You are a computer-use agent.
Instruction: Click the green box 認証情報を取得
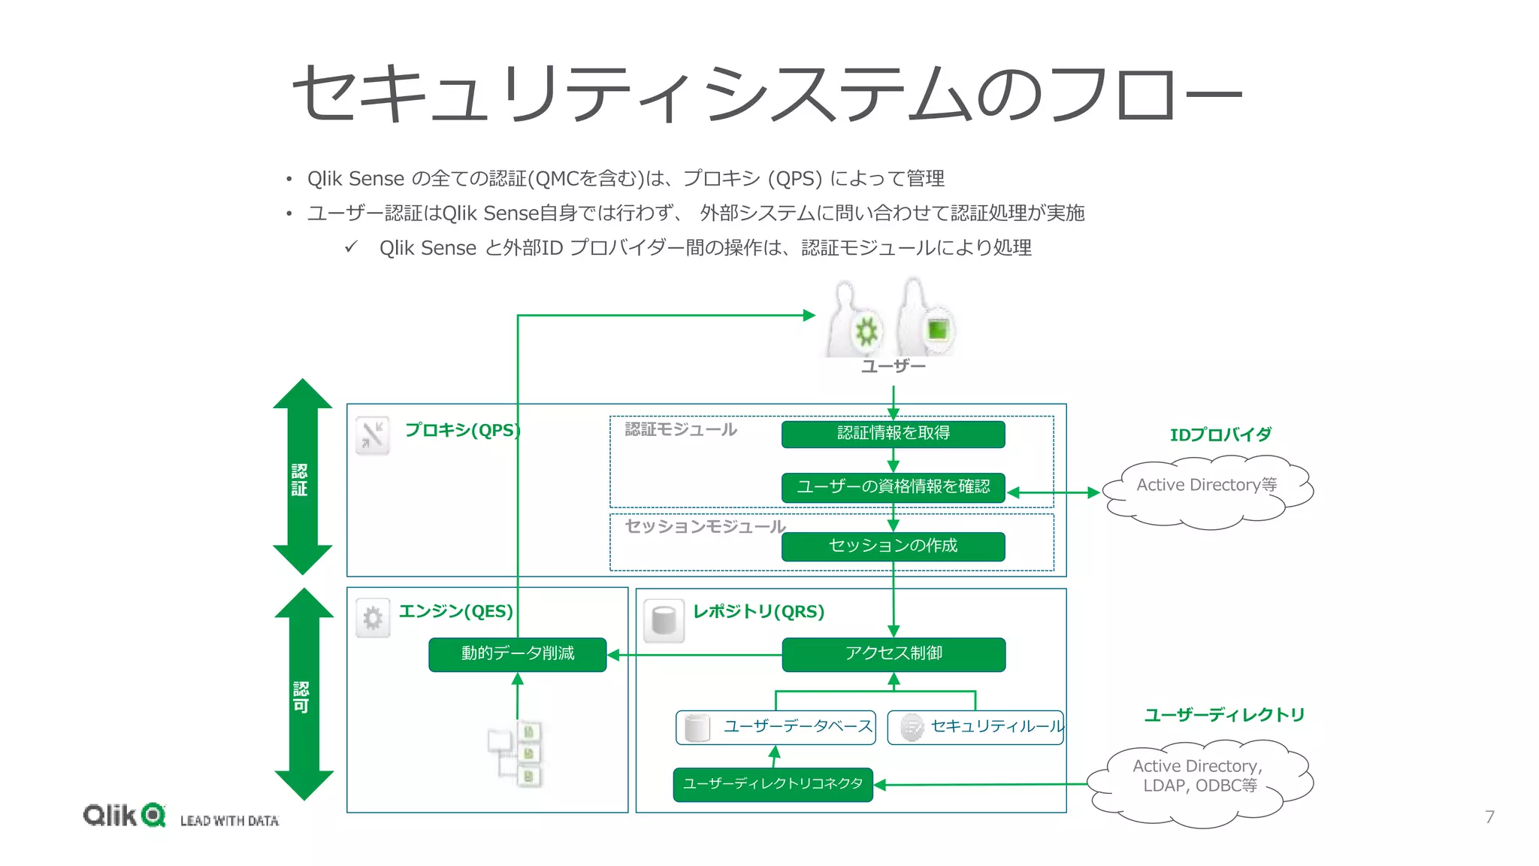[x=893, y=434]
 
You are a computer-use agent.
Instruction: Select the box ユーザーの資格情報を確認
[x=893, y=487]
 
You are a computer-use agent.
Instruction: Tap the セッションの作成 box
[x=893, y=546]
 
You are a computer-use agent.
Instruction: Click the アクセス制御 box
[x=893, y=654]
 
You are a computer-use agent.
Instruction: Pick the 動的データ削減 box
[x=517, y=654]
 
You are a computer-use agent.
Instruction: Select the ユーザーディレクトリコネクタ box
[x=773, y=784]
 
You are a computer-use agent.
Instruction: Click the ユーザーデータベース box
[x=776, y=727]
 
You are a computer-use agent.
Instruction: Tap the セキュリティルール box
[x=975, y=727]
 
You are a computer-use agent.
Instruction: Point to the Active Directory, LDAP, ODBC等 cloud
[x=1199, y=782]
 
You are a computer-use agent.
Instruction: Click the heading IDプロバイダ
[x=1220, y=435]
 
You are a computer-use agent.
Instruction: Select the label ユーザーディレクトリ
[x=1224, y=715]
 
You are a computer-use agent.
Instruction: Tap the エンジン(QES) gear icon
[x=373, y=618]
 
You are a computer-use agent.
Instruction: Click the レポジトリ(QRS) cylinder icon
[x=664, y=621]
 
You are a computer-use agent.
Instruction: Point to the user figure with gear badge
[x=853, y=323]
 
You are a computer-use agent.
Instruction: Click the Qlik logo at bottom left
[x=124, y=815]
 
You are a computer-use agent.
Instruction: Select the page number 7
[x=1489, y=816]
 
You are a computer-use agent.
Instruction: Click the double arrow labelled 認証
[x=302, y=477]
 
